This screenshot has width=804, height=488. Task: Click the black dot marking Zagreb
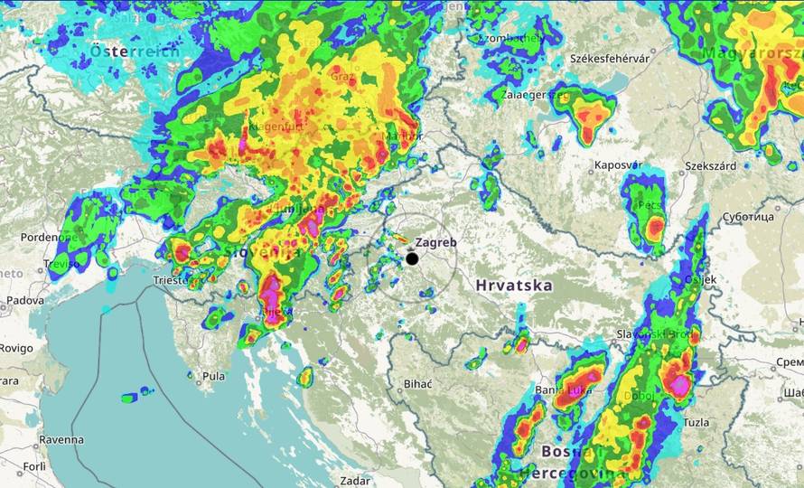(412, 258)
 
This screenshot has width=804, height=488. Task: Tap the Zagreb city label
(436, 243)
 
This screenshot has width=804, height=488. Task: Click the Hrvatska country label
(513, 286)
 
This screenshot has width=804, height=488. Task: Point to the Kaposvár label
(618, 165)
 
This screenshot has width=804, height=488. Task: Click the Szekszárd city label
(711, 166)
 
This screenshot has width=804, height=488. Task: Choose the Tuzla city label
(696, 422)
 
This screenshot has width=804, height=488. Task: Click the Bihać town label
(417, 384)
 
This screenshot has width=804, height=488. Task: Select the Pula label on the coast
(214, 376)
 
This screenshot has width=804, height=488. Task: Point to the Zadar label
(354, 481)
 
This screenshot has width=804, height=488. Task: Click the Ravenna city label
(61, 440)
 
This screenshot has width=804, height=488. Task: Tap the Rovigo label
(16, 348)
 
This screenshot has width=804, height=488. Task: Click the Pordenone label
(32, 237)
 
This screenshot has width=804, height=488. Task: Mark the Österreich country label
(135, 52)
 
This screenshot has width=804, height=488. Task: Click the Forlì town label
(34, 466)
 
